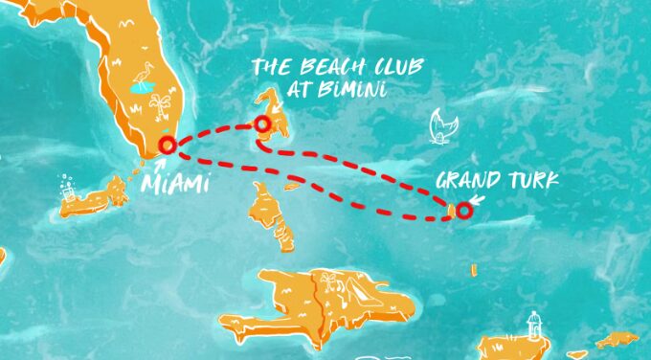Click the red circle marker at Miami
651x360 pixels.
[168, 146]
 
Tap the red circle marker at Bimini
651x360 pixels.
[261, 124]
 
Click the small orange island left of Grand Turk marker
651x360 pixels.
[449, 207]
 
